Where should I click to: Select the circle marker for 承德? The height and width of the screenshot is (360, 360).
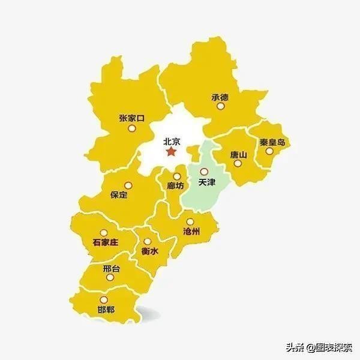220,106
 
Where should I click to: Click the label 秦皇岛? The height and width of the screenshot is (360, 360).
272,143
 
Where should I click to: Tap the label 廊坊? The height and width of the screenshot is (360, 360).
176,186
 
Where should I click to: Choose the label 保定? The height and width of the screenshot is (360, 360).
119,194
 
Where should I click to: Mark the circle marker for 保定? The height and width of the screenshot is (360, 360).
126,184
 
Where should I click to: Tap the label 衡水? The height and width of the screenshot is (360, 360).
149,252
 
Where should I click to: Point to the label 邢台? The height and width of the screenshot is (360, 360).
111,269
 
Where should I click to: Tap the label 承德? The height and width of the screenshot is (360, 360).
220,97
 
